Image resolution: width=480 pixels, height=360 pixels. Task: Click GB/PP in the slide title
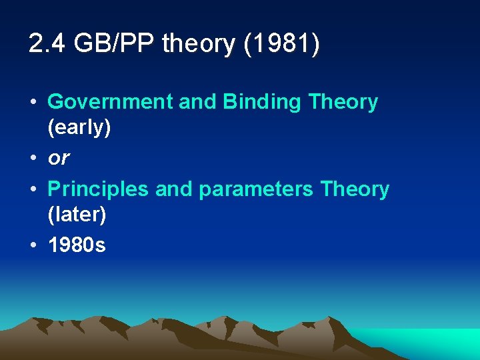(114, 44)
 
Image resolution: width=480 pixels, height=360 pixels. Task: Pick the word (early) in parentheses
(79, 127)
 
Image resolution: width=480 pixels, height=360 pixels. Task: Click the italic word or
(59, 159)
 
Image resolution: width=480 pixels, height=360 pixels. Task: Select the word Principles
(99, 189)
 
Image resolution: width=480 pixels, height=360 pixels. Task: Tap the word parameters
(257, 190)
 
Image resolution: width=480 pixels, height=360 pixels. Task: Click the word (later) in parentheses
(77, 215)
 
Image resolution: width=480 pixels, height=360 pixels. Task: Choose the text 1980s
(77, 245)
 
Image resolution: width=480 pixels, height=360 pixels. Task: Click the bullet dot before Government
(33, 103)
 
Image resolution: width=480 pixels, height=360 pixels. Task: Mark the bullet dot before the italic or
(33, 159)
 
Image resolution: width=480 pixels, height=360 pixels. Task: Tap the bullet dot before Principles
(33, 189)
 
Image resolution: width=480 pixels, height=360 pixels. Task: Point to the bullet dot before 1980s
(33, 245)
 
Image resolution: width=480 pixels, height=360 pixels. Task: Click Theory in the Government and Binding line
(343, 103)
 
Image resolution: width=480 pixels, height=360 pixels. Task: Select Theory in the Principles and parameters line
(355, 189)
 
